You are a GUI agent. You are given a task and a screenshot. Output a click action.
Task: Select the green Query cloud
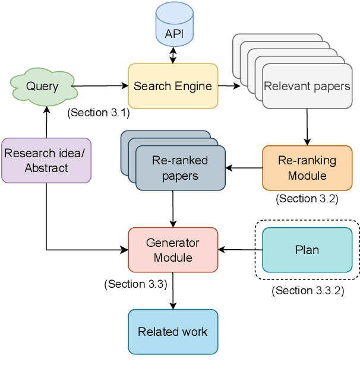pos(42,87)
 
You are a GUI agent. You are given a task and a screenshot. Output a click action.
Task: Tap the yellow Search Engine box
pos(173,86)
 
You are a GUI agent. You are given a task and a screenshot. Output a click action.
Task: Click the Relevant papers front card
pos(307,87)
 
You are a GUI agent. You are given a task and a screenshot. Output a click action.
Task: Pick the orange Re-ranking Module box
pos(307,168)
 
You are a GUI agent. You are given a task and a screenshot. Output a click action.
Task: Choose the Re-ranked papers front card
pos(180,168)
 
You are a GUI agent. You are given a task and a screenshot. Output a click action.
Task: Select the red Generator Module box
pos(173,250)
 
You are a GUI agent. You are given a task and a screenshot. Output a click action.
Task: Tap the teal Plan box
pos(307,250)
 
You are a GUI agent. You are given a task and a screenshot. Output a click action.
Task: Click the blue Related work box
pos(173,332)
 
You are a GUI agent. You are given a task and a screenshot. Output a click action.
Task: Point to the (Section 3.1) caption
pos(99,113)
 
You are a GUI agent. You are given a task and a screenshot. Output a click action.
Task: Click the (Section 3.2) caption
pos(307,199)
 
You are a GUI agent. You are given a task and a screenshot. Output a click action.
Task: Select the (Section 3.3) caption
pos(135,284)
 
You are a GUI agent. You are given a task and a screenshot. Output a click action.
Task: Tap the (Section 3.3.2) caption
pos(307,291)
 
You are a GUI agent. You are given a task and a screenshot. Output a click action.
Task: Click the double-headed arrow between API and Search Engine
pos(173,55)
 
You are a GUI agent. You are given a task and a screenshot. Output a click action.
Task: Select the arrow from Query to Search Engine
pos(102,86)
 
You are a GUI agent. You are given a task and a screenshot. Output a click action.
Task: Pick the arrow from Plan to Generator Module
pos(240,250)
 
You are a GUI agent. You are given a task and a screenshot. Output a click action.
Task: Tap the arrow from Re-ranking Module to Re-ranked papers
pos(244,168)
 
